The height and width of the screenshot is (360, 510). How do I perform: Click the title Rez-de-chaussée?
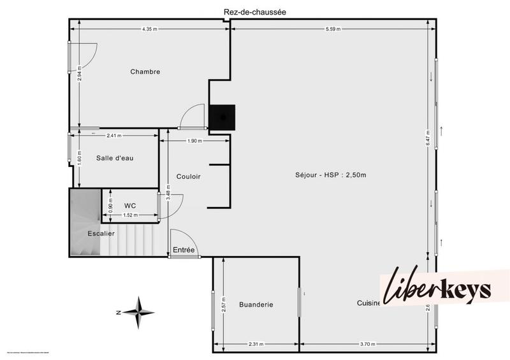tap(254, 12)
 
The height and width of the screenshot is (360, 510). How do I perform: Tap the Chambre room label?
tap(145, 71)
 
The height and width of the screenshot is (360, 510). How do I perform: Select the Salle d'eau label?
tap(115, 158)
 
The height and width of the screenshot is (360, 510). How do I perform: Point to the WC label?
tap(130, 205)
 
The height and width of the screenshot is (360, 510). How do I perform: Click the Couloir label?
tap(189, 176)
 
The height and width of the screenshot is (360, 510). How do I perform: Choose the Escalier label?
tap(101, 234)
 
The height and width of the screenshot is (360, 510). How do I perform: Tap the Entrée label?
tap(184, 250)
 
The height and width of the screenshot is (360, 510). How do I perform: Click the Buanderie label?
tap(256, 305)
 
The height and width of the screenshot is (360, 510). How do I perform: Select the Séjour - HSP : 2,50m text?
tap(330, 175)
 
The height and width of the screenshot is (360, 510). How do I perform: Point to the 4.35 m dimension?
tap(150, 29)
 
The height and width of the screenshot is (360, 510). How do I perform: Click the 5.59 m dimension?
tap(333, 29)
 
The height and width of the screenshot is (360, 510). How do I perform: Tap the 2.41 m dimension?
tap(114, 135)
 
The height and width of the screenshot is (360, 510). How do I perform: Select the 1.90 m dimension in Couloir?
tap(195, 141)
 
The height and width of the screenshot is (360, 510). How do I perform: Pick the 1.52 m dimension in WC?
tap(131, 215)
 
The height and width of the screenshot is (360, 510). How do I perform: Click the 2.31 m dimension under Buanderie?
tap(256, 344)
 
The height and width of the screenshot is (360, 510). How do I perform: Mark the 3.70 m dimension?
tap(368, 344)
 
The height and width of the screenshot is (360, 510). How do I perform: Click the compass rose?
tap(138, 312)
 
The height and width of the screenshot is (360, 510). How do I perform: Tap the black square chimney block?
tap(222, 117)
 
